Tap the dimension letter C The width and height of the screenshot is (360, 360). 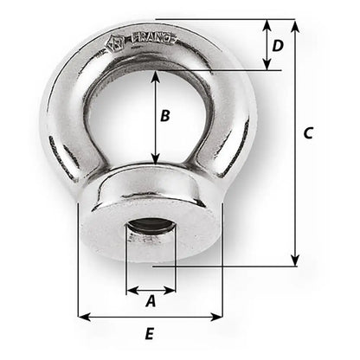310,134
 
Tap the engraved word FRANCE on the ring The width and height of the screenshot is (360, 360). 155,39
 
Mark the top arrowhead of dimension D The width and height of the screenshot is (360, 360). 265,25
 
